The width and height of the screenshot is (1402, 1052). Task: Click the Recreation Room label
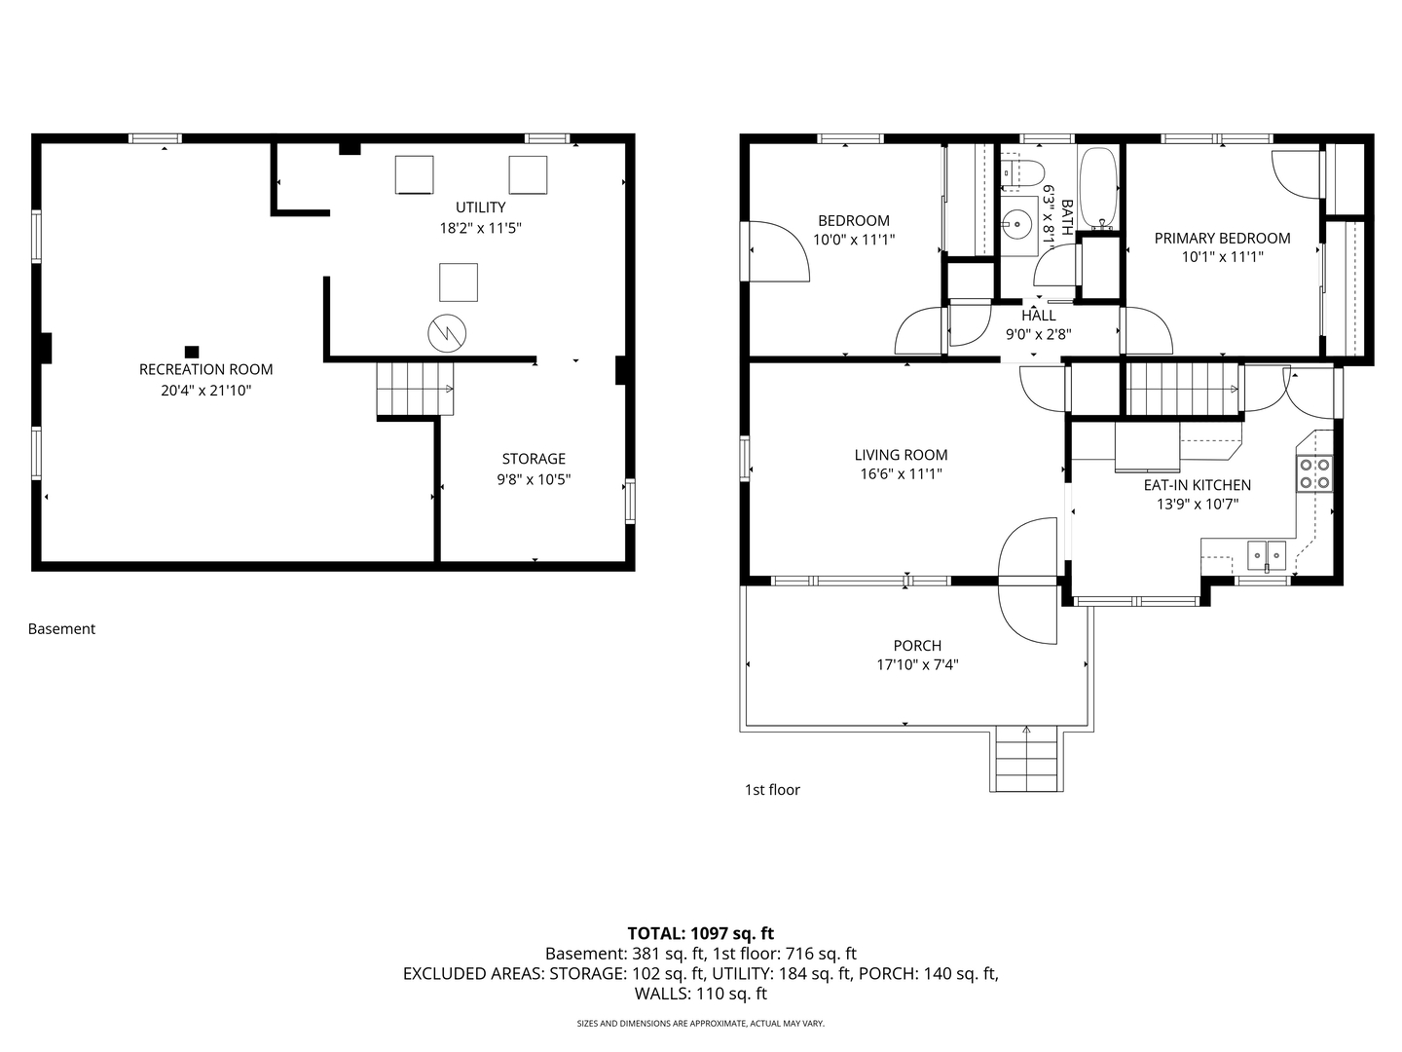(x=205, y=369)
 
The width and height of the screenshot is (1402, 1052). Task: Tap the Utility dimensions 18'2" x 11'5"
(x=480, y=228)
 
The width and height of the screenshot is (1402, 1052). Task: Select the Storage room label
(x=534, y=459)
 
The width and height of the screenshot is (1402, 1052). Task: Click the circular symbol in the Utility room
(x=447, y=333)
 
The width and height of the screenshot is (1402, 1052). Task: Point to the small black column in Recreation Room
(x=192, y=352)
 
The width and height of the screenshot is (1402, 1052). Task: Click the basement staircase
(x=415, y=389)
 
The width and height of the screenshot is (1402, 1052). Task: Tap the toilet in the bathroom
(x=1022, y=172)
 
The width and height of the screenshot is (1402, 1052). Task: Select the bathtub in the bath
(x=1098, y=189)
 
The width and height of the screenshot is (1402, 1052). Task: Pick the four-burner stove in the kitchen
(x=1313, y=473)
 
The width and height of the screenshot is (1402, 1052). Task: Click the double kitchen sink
(x=1267, y=554)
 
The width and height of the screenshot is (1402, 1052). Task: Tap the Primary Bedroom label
(x=1222, y=239)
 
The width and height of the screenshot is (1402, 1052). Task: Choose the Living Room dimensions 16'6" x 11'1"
(x=901, y=474)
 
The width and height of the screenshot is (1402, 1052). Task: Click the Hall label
(x=1039, y=316)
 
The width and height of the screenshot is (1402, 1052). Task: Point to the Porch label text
(x=917, y=646)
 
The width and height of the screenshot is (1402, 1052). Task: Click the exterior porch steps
(x=1026, y=759)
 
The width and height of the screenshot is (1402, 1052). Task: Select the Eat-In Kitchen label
(x=1197, y=485)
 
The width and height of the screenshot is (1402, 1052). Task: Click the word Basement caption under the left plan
(x=61, y=628)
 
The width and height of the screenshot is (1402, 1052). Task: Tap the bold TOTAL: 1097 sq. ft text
(x=701, y=933)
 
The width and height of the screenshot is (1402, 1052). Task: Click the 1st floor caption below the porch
(x=772, y=789)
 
